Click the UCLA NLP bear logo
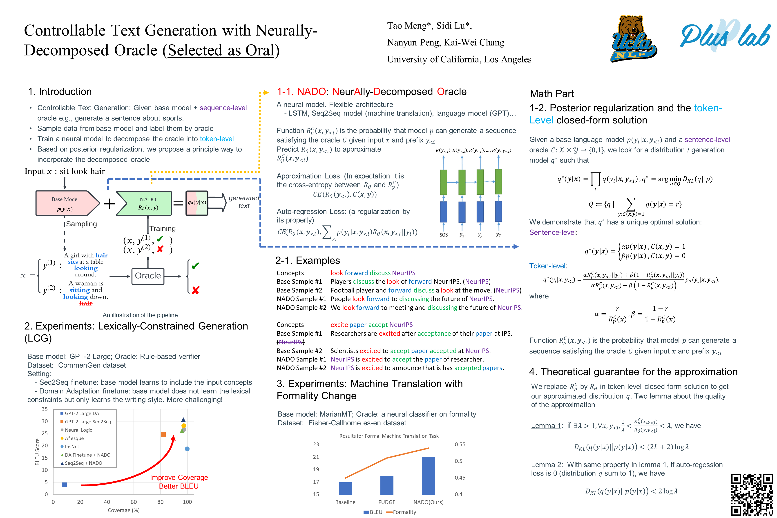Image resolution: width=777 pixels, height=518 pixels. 633,39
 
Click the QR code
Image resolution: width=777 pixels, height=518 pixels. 752,495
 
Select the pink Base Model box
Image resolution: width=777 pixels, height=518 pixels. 66,203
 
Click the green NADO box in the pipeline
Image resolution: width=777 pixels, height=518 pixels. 145,203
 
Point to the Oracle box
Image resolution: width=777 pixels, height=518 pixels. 148,276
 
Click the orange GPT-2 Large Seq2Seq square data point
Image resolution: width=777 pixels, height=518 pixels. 163,434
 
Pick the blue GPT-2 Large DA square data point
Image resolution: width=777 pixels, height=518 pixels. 65,485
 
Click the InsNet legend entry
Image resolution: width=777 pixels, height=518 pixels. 72,447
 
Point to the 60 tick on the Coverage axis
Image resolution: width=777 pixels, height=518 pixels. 134,502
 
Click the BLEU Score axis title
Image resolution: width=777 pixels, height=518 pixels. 37,452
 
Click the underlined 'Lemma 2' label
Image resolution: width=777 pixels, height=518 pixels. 546,464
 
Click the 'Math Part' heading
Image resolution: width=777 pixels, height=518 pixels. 552,94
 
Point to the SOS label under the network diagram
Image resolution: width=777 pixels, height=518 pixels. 443,235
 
